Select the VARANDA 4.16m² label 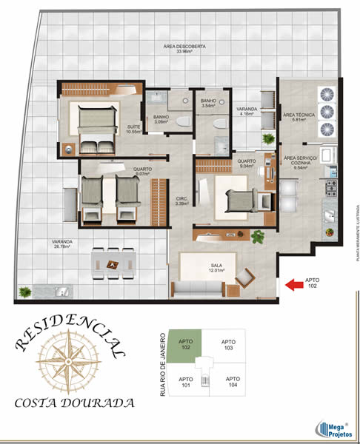coord(246,111)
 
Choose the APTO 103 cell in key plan coord(227,344)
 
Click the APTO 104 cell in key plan coord(233,382)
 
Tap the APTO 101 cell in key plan coord(185,382)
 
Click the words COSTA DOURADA coord(74,404)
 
